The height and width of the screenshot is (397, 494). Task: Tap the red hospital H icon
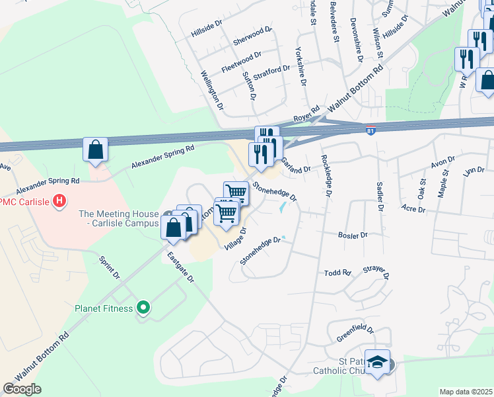point(59,200)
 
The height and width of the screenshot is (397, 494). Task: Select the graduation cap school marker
point(377,363)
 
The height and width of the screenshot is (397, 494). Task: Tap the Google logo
point(22,389)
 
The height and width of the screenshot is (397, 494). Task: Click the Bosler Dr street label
point(353,235)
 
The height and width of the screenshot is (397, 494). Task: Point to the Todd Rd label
point(337,273)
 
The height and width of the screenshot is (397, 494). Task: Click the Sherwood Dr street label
point(252,37)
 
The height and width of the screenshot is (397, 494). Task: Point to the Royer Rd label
point(306,112)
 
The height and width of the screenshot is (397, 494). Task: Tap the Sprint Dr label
point(110,267)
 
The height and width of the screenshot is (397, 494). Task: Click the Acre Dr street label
point(413,209)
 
